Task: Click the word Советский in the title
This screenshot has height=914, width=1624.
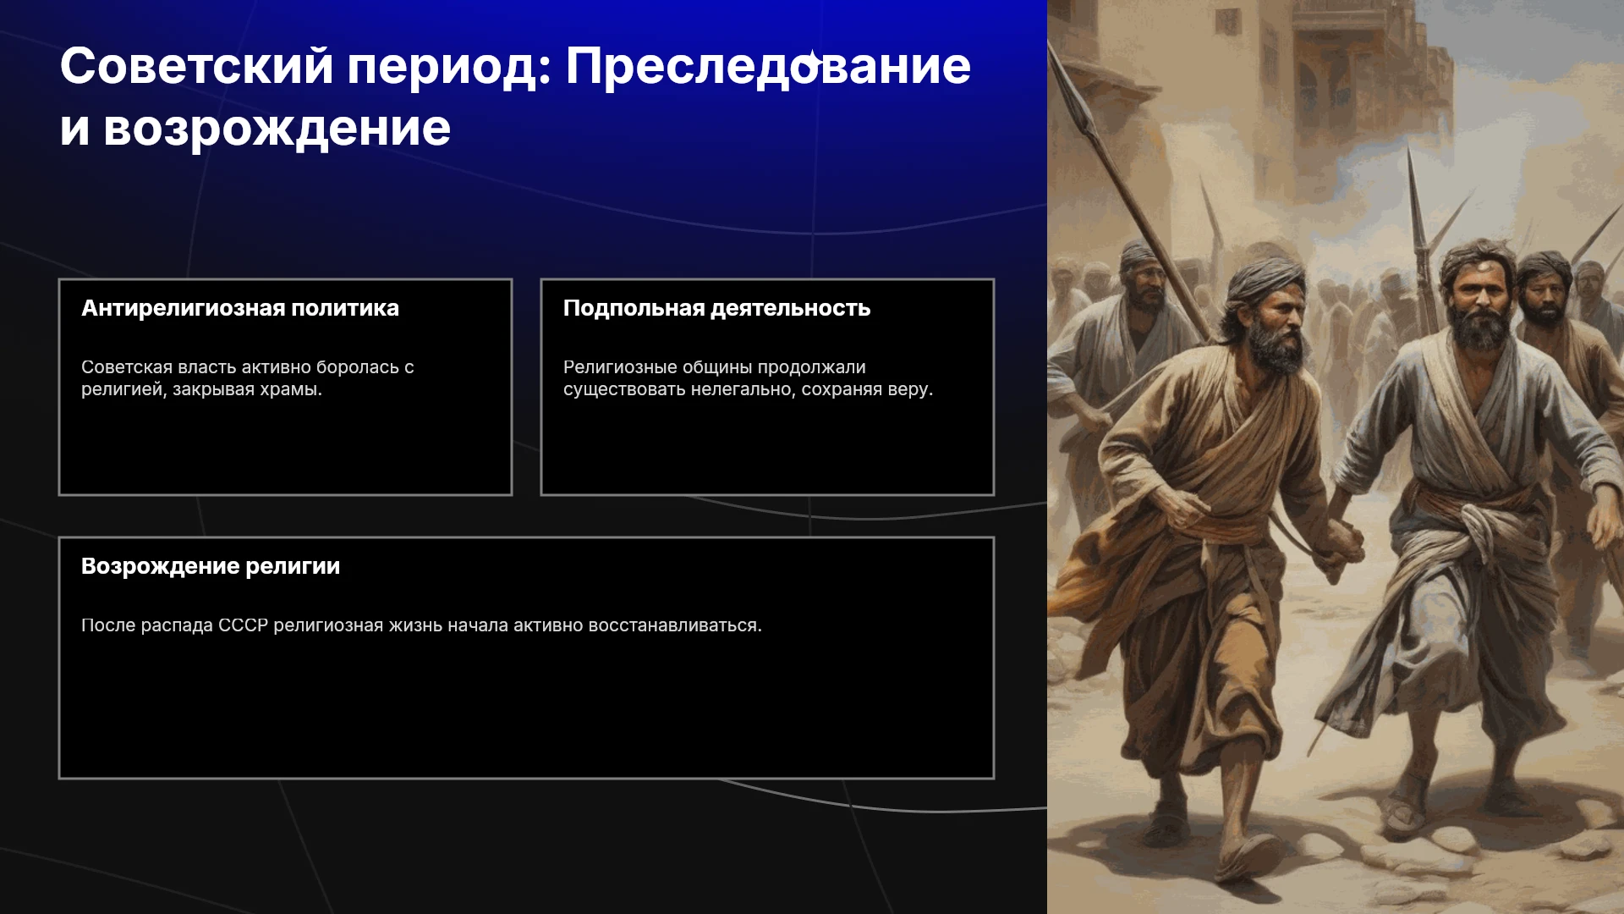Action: coord(197,66)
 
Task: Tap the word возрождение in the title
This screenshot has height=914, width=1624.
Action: coord(277,129)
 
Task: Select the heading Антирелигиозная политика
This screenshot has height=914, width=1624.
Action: coord(240,308)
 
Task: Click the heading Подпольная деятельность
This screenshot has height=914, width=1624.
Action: coord(716,308)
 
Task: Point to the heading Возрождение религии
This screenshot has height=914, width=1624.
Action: coord(211,566)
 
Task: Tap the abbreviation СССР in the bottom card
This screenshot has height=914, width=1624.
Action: coord(243,625)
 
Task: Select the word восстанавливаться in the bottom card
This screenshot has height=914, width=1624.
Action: coord(675,625)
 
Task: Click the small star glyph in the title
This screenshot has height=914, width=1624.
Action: coord(812,59)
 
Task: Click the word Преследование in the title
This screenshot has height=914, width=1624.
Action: coord(768,66)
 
